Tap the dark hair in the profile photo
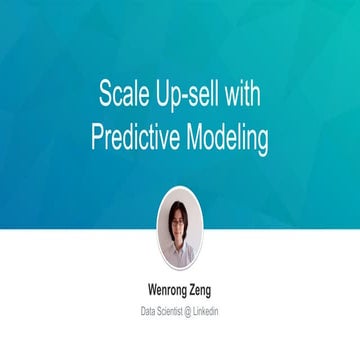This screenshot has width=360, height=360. point(179,211)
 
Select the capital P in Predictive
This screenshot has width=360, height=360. point(96,138)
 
